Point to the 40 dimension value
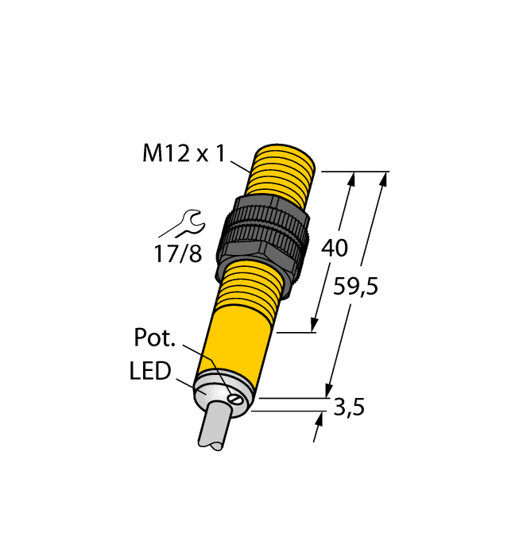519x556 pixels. [334, 249]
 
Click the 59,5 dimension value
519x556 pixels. [355, 287]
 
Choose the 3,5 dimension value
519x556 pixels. [350, 409]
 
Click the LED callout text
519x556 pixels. [150, 371]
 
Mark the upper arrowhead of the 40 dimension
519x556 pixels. [351, 179]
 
